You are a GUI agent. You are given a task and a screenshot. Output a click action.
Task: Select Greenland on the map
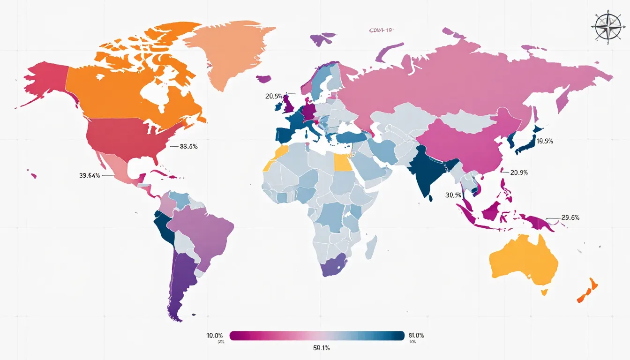coord(230,52)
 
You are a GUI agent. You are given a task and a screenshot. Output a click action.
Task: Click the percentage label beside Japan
coord(545,141)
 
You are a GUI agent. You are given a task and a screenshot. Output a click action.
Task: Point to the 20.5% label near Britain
coord(274,96)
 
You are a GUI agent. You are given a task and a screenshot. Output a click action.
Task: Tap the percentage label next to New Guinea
coord(570,217)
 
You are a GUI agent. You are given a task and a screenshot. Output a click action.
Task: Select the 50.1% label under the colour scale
coord(317,348)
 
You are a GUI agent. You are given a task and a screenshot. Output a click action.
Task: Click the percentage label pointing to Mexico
coord(90,176)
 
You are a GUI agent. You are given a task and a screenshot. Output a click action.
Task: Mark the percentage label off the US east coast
coord(188,146)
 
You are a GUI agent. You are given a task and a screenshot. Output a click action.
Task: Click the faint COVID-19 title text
coord(380,30)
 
